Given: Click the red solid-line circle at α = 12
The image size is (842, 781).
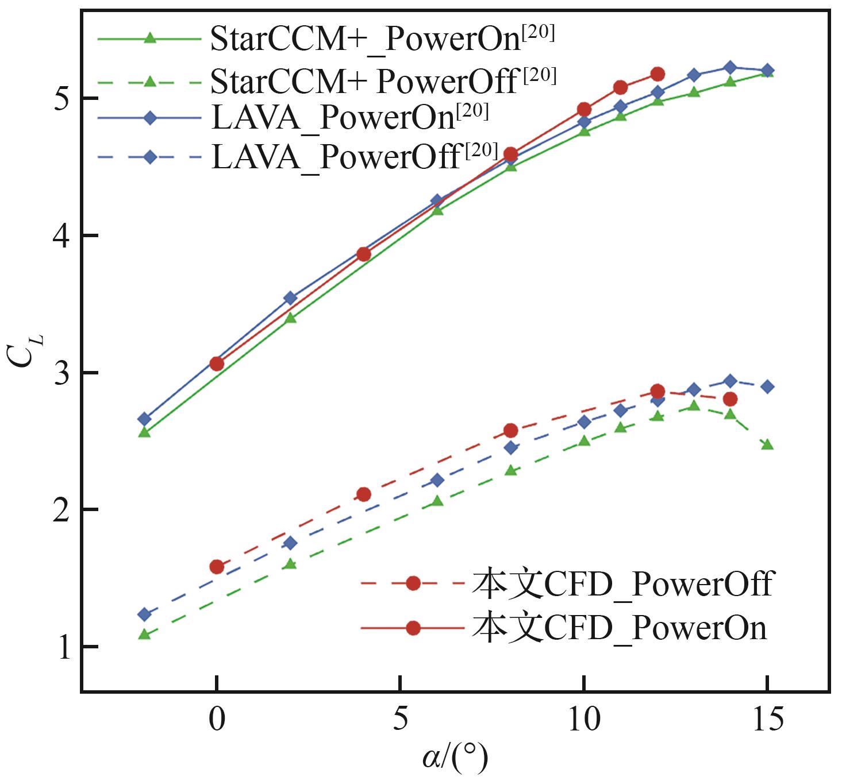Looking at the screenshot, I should click(658, 74).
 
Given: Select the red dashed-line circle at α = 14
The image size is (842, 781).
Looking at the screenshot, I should click(730, 399).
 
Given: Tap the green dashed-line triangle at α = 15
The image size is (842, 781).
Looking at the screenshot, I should click(767, 444).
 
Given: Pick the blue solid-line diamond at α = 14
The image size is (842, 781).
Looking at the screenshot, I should click(730, 68).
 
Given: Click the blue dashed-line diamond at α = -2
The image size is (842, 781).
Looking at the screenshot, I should click(145, 614).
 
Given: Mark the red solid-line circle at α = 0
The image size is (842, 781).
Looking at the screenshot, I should click(217, 364).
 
